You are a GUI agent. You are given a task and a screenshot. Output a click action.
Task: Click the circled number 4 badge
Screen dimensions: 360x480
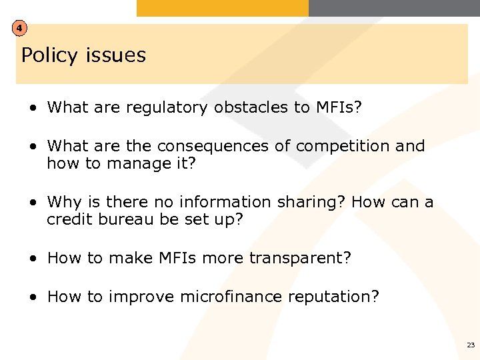point(21,29)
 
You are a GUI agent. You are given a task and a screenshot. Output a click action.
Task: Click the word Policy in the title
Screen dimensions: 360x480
point(49,55)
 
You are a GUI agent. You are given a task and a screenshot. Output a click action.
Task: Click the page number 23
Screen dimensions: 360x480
point(471,345)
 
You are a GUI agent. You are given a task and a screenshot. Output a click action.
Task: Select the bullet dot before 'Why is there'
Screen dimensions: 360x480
point(33,203)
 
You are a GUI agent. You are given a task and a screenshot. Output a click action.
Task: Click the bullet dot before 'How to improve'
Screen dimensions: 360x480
point(33,297)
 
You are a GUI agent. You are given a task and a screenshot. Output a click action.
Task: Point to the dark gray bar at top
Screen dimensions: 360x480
point(394,8)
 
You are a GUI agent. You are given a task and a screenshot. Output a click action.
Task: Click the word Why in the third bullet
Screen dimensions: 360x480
point(64,202)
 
